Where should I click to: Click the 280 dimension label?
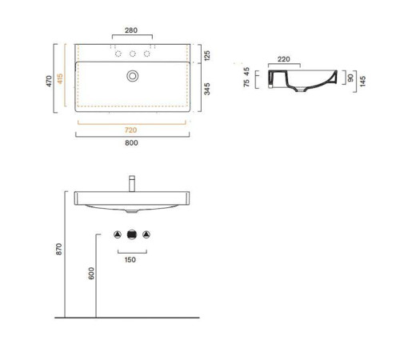point(131,30)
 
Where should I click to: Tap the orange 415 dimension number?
point(60,78)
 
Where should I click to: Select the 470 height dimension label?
point(49,81)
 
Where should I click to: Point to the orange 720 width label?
point(130,130)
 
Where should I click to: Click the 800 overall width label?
point(131,142)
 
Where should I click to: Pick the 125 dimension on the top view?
point(207,55)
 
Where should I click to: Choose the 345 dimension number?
point(207,89)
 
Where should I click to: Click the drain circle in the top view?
point(133,76)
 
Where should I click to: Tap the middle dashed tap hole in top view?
point(133,54)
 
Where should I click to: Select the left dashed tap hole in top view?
point(118,54)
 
